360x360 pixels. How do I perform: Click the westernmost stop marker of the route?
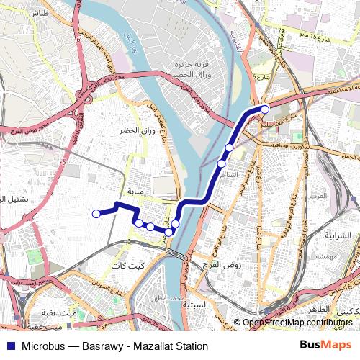pyautogui.click(x=96, y=213)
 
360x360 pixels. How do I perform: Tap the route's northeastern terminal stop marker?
pyautogui.click(x=265, y=109)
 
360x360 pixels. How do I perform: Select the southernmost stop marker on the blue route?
pyautogui.click(x=168, y=232)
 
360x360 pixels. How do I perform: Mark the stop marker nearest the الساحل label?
pyautogui.click(x=222, y=164)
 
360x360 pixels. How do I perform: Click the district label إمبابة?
pyautogui.click(x=136, y=192)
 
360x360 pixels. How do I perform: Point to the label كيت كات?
pyautogui.click(x=127, y=266)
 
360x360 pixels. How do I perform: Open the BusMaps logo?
pyautogui.click(x=323, y=346)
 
